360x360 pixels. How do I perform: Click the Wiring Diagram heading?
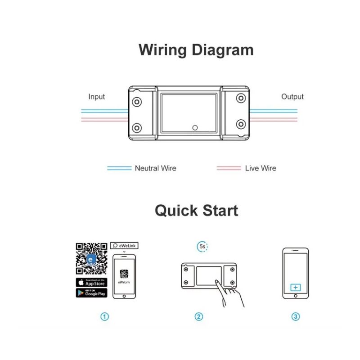[x=196, y=50]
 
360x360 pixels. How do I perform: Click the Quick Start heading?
[x=196, y=211]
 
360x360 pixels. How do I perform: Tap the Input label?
[x=96, y=97]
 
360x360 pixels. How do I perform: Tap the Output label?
[x=292, y=97]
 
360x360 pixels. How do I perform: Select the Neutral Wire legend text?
[x=155, y=168]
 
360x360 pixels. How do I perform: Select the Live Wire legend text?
[x=260, y=168]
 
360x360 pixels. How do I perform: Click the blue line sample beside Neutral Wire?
[x=119, y=168]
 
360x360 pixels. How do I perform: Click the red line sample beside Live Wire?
[x=229, y=168]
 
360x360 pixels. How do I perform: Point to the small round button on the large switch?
[x=195, y=127]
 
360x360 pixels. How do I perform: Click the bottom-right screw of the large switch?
[x=241, y=124]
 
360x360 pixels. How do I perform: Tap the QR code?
[x=91, y=259]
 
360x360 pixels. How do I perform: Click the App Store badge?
[x=91, y=283]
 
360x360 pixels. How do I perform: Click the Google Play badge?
[x=91, y=292]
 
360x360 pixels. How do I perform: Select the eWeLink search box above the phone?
[x=124, y=246]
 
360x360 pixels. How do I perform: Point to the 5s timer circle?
[x=202, y=246]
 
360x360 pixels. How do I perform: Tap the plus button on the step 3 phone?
[x=295, y=287]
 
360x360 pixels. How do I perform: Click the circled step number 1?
[x=104, y=316]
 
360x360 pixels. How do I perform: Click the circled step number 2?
[x=198, y=316]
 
